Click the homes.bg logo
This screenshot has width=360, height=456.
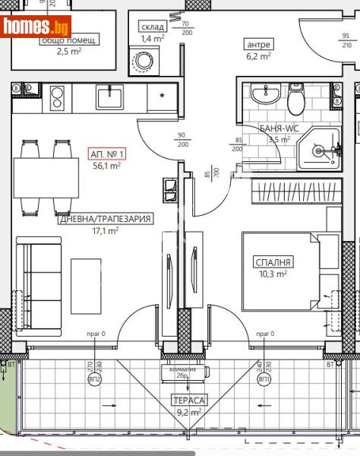[x=36, y=28]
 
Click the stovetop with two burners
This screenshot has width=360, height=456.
[x=56, y=97]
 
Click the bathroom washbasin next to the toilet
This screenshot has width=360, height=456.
[x=266, y=95]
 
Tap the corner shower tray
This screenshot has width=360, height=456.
[x=320, y=148]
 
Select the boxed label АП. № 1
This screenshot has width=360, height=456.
[x=106, y=154]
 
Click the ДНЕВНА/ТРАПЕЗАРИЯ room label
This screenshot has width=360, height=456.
[x=106, y=219]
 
